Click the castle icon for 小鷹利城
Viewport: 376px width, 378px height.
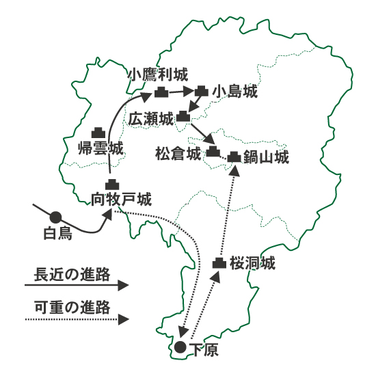[x=161, y=92]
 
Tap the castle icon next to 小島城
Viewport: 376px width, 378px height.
[x=202, y=91]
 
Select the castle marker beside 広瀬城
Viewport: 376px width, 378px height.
[x=183, y=116]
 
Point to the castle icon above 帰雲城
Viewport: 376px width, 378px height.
[x=98, y=133]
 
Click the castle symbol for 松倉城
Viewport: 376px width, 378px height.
[x=213, y=151]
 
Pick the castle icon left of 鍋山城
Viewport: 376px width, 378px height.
[x=234, y=157]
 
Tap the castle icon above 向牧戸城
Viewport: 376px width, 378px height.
[x=112, y=185]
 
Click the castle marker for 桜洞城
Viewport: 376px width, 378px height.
[x=219, y=263]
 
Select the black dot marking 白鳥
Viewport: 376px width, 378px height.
[x=55, y=217]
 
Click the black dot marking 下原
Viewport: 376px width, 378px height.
[x=180, y=347]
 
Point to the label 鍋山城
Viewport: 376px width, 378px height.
[x=266, y=157]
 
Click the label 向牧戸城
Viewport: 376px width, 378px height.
[x=121, y=200]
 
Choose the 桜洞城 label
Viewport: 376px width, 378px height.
[x=252, y=262]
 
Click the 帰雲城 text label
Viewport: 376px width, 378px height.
[x=100, y=148]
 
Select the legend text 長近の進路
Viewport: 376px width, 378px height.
[x=72, y=275]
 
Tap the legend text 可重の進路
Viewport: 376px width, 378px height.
[x=72, y=308]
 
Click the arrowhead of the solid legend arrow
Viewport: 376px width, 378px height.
[x=123, y=285]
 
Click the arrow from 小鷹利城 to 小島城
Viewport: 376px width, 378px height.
[x=182, y=92]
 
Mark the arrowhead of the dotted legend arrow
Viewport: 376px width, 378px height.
[x=124, y=319]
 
